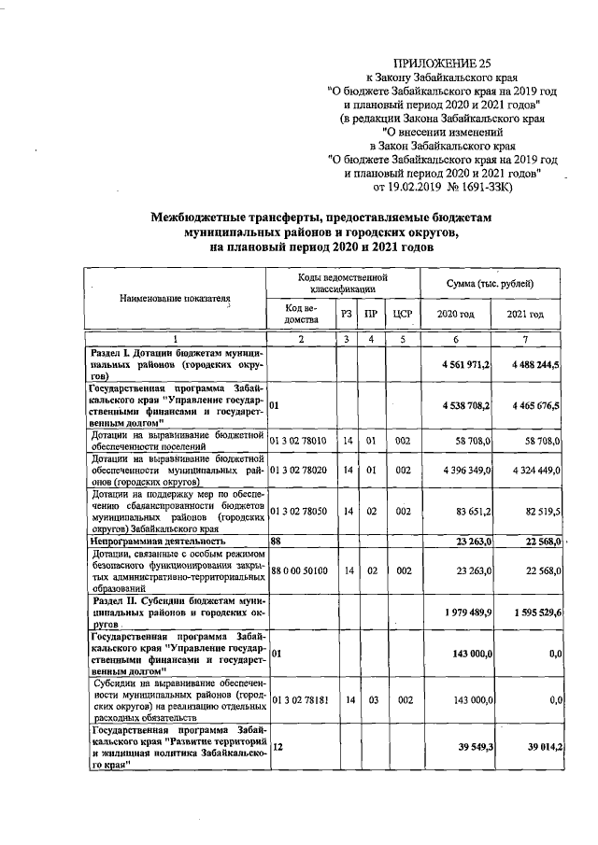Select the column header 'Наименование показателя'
pos(174,299)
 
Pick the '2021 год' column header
pos(524,315)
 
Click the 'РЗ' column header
pos(346,315)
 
